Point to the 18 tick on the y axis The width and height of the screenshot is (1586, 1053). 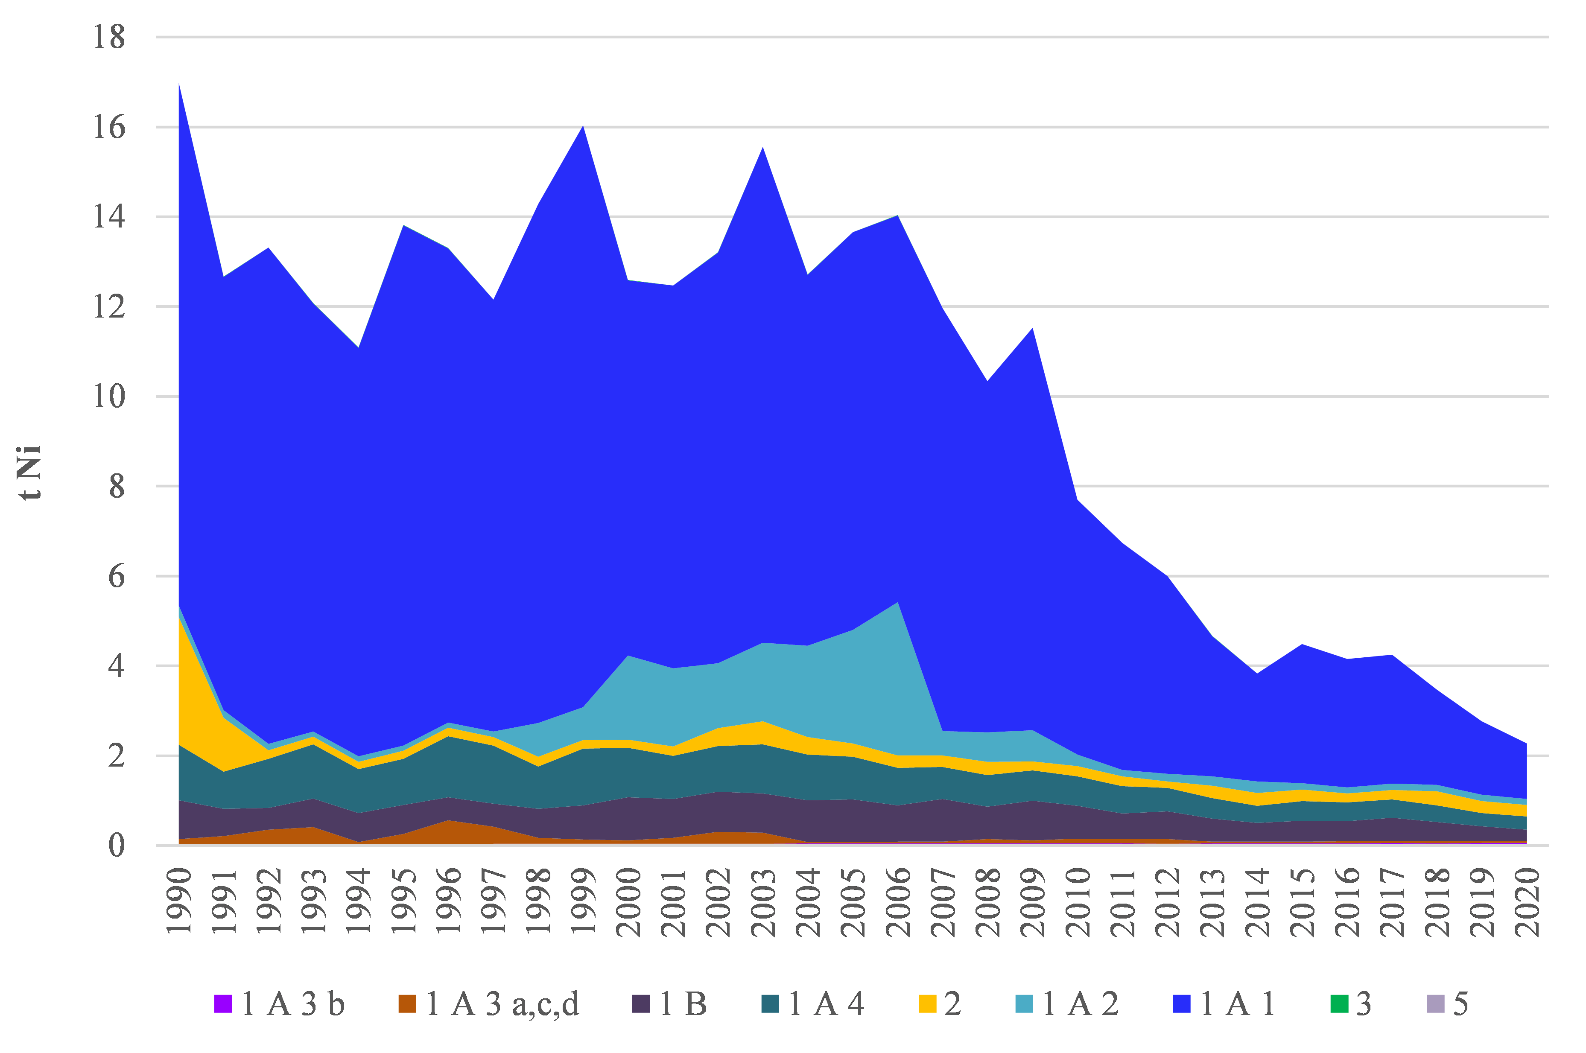point(109,37)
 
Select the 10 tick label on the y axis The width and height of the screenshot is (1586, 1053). point(109,396)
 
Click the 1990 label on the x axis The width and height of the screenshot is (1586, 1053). point(179,901)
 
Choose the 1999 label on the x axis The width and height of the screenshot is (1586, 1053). point(584,901)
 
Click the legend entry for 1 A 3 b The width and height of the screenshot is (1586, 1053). point(279,1004)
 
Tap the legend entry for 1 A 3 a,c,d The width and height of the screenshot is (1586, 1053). point(488,1004)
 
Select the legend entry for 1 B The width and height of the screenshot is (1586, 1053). point(670,1004)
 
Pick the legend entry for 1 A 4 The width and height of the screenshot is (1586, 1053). point(813,1004)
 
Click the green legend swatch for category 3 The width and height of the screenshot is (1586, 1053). point(1340,1004)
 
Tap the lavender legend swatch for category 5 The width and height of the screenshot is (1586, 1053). point(1436,1004)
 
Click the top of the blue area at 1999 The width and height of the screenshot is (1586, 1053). point(583,126)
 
